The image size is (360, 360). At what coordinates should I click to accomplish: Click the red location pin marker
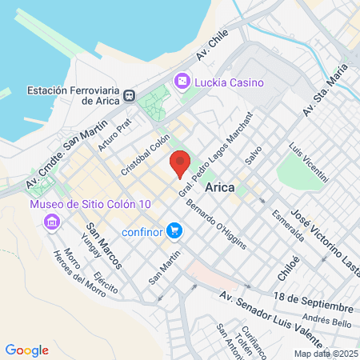point(181,163)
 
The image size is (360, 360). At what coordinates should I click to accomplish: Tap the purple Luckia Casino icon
point(182,81)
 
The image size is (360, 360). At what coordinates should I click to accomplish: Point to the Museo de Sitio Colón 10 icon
point(53,221)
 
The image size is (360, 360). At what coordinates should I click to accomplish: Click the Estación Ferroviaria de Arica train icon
point(128,95)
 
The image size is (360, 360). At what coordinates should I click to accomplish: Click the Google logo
point(26,350)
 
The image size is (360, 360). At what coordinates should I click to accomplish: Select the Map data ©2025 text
point(326,354)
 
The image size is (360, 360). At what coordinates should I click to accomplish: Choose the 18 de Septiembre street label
point(312,302)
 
